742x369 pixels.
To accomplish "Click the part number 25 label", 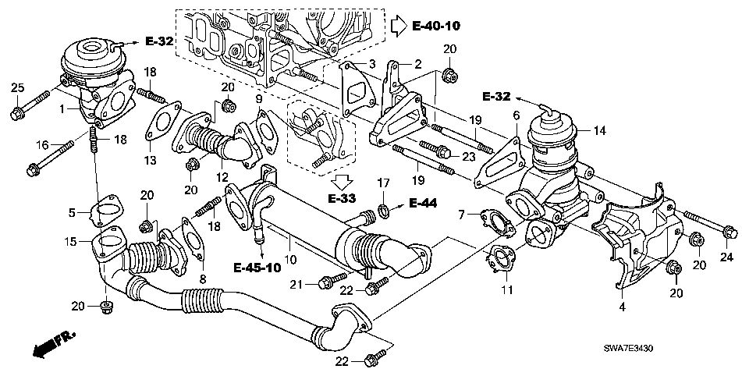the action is [17, 87].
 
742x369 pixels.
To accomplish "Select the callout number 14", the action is [599, 130].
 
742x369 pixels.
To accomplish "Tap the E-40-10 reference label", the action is [435, 26].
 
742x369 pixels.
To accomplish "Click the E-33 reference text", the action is [343, 197].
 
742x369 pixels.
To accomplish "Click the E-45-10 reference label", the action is [257, 268].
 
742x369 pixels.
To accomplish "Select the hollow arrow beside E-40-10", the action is [399, 26].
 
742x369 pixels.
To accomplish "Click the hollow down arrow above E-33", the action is [343, 181].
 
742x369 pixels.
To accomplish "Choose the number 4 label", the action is [623, 307].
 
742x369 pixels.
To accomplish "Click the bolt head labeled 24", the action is [730, 232].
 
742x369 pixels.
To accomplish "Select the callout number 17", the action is [383, 181].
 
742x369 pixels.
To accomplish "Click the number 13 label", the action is [151, 161].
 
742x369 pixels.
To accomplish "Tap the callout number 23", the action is [468, 157].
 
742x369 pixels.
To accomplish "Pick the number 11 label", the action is [507, 289].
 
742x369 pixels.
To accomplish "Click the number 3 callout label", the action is [372, 63].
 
